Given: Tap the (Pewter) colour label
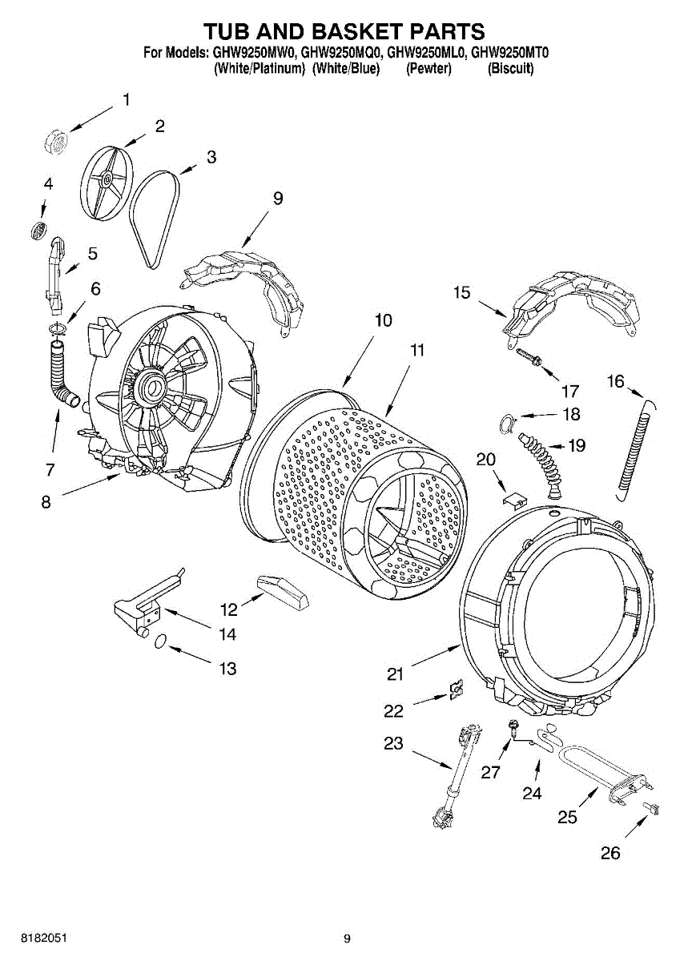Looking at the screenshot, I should point(428,69).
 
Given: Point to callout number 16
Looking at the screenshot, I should point(614,381).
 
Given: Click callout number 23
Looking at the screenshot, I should point(393,743).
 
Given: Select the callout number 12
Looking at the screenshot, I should point(229,610).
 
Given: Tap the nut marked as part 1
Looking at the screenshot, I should point(56,141).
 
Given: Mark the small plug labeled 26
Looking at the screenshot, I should point(652,808).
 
